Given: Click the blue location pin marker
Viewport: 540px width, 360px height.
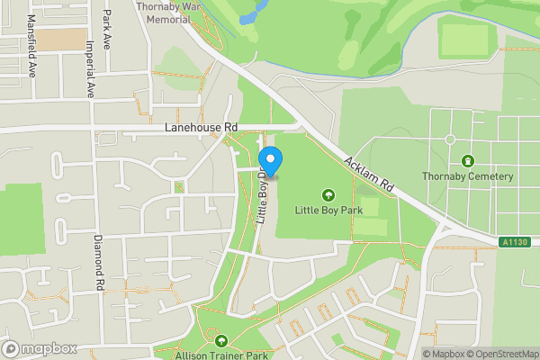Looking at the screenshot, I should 271,161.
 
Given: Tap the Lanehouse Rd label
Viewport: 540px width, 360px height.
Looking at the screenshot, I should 201,129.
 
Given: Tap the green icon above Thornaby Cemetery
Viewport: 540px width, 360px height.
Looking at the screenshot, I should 467,160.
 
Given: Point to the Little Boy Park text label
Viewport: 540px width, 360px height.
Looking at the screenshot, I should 328,210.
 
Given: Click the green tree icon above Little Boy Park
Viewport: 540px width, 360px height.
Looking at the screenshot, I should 328,193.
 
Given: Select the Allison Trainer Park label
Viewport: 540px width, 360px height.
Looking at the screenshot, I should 222,355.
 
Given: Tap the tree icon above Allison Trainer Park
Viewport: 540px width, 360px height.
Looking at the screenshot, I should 222,340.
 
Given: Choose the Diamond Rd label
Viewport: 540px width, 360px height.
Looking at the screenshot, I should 97,263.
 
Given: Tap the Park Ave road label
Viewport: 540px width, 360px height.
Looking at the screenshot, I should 107,29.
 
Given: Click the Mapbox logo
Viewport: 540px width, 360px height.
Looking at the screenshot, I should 39,348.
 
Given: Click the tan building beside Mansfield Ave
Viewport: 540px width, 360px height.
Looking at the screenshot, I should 63,39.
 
